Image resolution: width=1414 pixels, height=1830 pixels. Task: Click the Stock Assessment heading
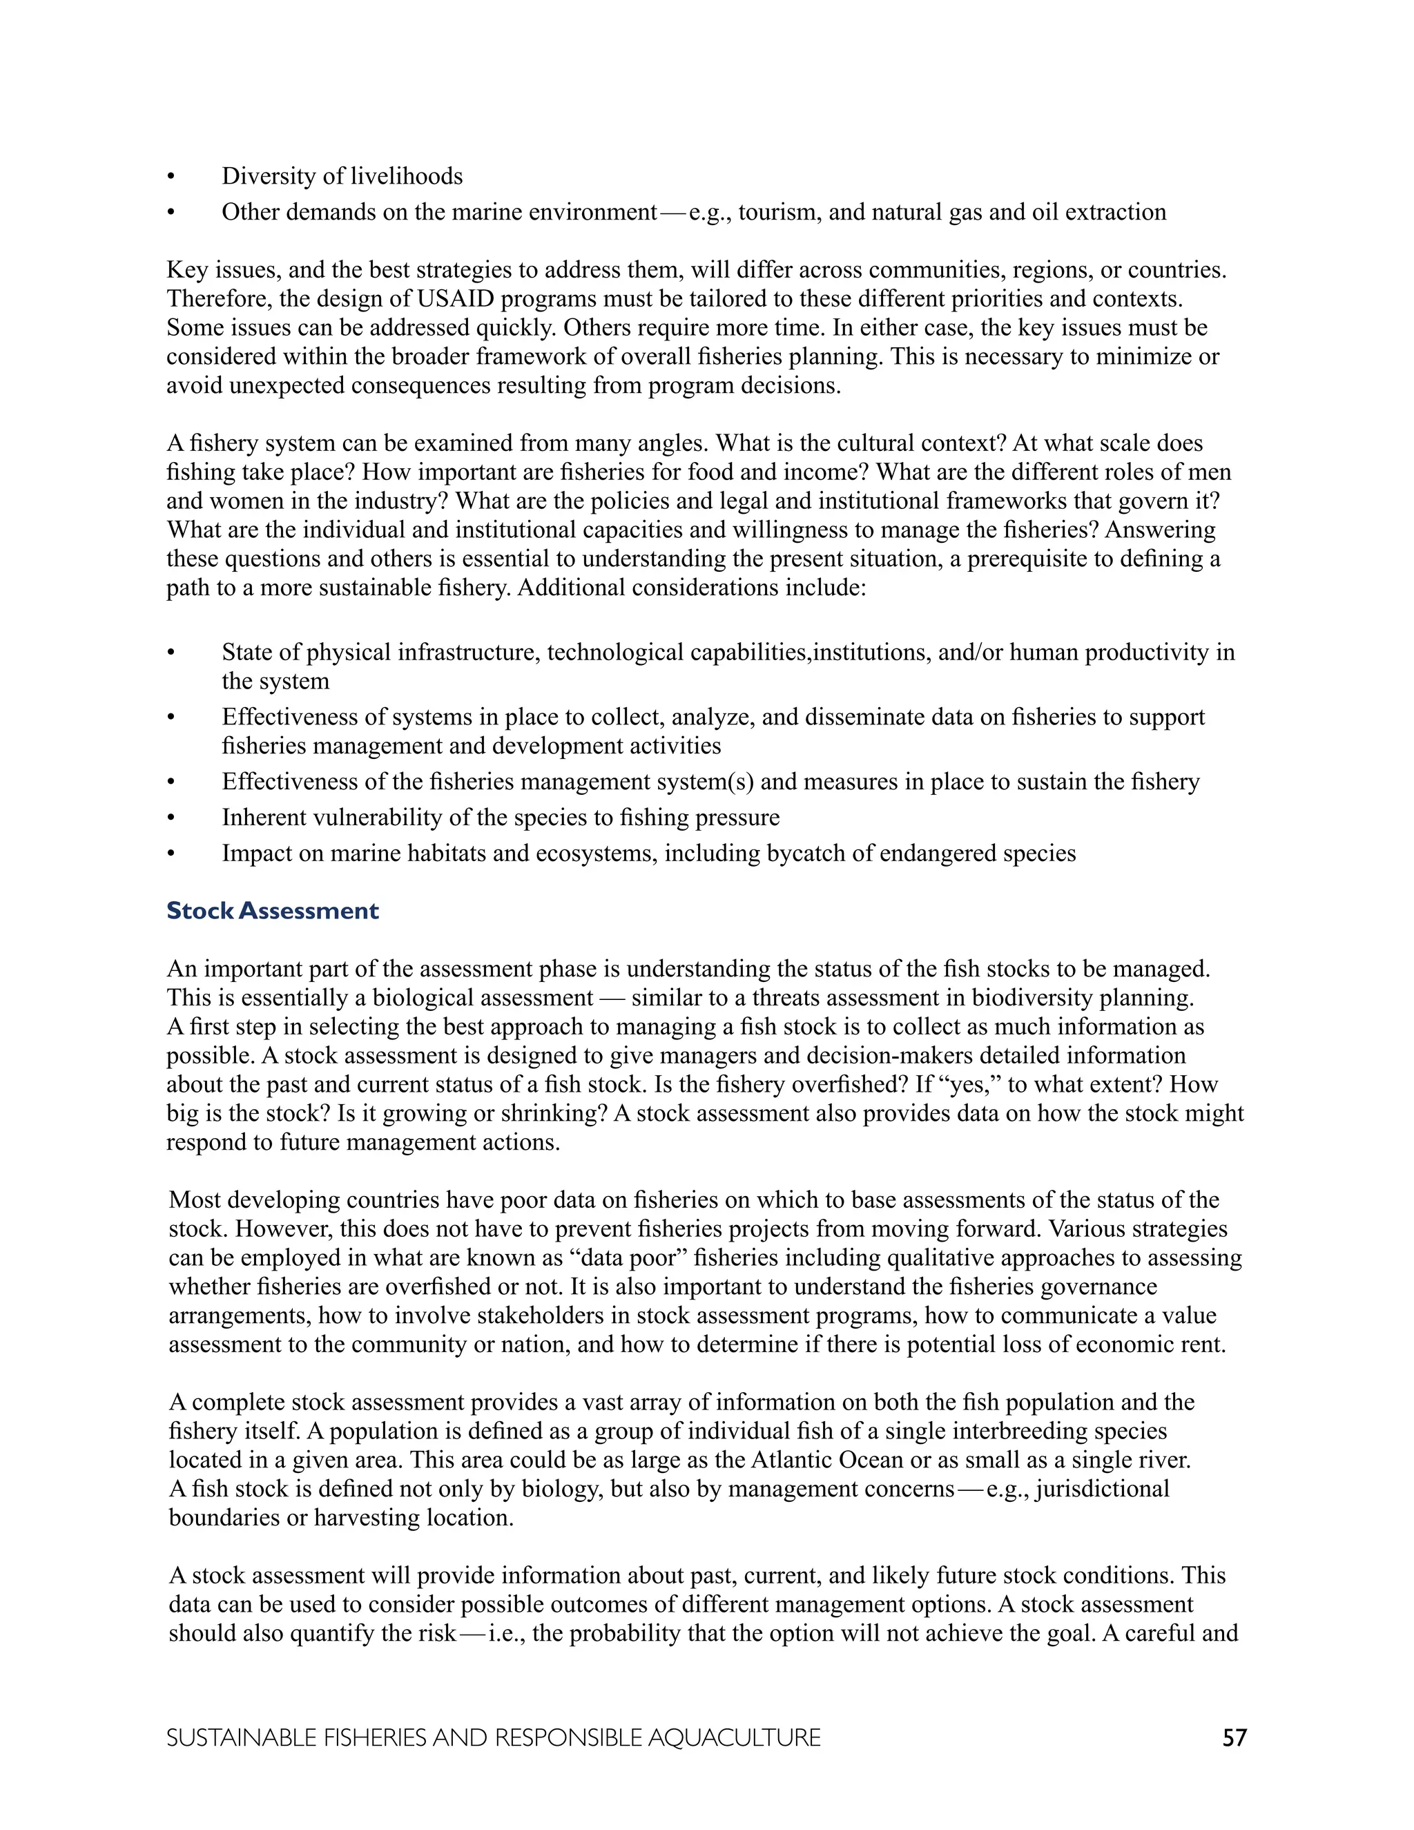(x=272, y=911)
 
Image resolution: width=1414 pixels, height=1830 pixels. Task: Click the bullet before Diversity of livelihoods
(x=171, y=177)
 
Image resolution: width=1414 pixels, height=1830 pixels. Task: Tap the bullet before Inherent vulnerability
(x=171, y=818)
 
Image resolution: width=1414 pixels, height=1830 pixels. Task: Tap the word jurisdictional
(x=1103, y=1489)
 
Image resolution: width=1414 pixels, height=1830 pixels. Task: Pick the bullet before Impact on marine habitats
(x=171, y=854)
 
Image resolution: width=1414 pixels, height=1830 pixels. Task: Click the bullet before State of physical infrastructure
(x=171, y=653)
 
